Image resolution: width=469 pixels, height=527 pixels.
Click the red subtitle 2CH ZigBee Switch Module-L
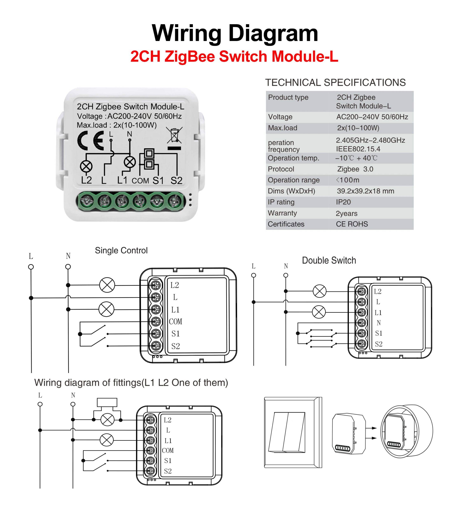coord(234,56)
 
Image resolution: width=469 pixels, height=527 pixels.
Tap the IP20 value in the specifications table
coord(343,202)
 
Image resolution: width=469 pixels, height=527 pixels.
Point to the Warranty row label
coord(282,213)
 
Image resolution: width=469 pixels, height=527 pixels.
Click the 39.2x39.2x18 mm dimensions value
coord(365,191)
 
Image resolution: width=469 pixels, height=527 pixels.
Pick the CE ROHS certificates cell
coord(352,224)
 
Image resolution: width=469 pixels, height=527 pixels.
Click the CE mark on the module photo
coord(91,141)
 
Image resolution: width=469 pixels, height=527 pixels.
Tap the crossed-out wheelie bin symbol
coord(174,135)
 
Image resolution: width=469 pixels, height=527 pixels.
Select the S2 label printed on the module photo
coord(176,181)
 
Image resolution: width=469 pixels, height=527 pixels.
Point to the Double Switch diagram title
coord(329,260)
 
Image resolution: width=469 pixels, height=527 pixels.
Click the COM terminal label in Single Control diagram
coord(176,322)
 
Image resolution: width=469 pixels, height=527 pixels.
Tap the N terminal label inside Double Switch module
coord(378,323)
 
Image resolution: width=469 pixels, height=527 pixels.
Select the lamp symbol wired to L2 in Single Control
coord(107,285)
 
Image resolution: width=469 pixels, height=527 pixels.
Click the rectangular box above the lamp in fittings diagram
coord(107,403)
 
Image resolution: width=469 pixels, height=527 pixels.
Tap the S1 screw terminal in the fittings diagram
coord(150,461)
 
